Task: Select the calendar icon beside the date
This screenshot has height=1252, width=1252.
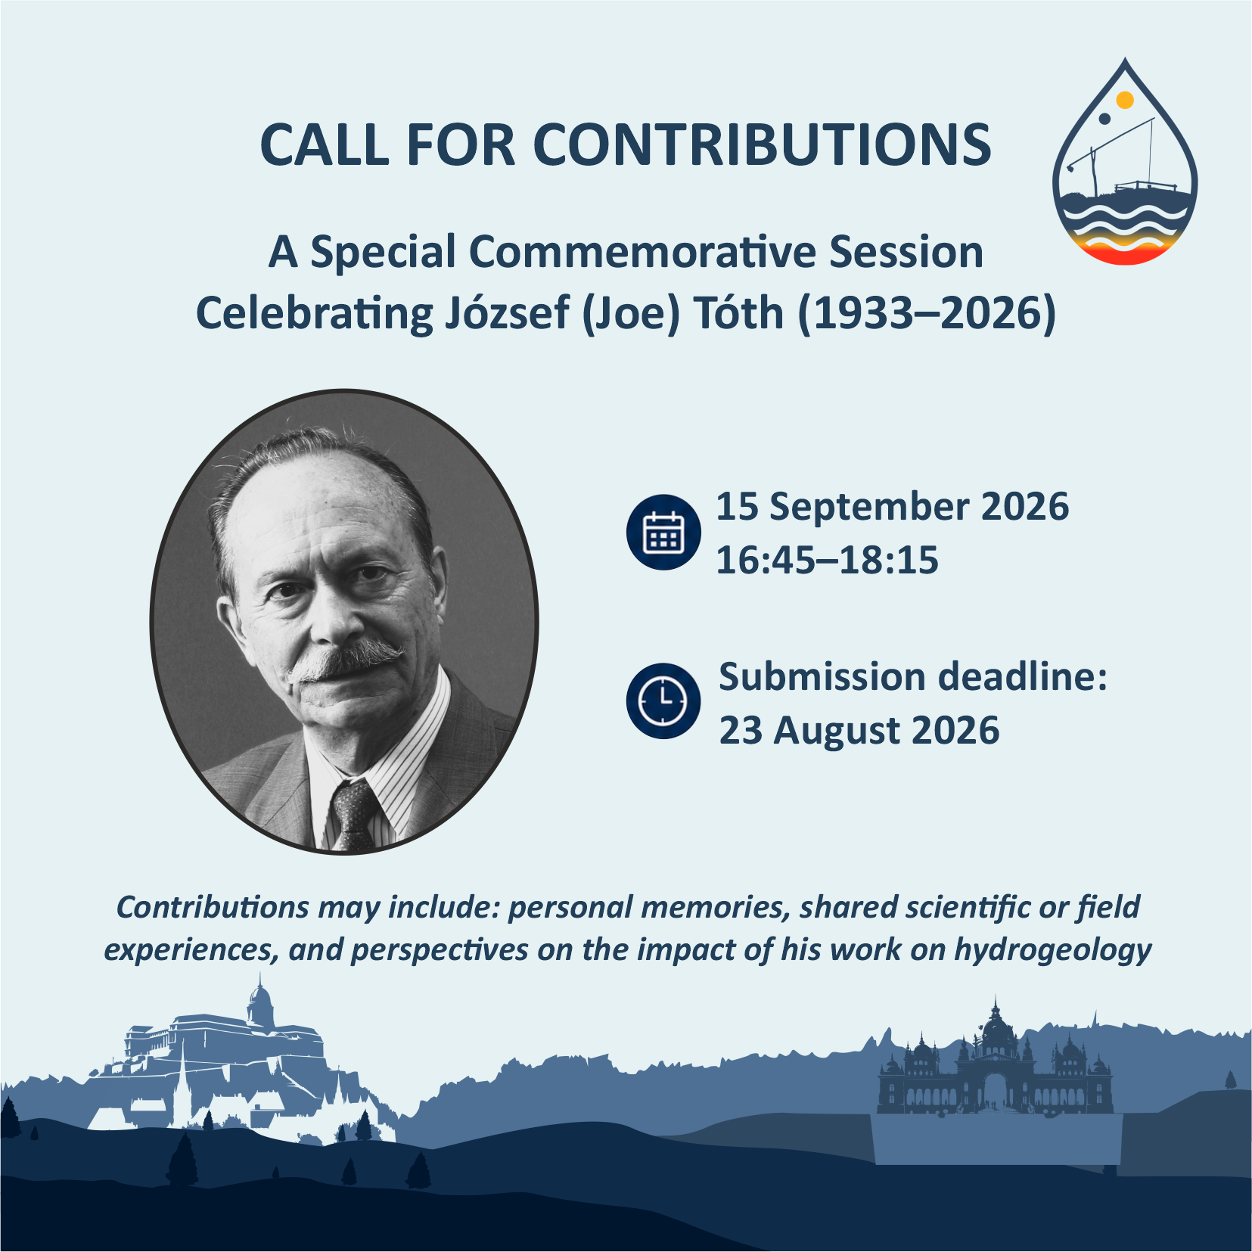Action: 663,532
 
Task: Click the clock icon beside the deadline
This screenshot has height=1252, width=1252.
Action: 663,701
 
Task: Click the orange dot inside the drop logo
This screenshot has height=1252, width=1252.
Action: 1125,100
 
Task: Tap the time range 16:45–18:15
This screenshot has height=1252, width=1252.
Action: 827,560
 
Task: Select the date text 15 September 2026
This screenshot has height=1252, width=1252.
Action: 893,506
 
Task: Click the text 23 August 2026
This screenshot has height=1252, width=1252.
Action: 859,730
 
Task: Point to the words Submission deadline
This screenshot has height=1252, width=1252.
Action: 912,676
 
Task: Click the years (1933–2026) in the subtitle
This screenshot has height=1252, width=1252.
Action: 927,313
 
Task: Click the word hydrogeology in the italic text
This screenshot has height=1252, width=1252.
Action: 1052,950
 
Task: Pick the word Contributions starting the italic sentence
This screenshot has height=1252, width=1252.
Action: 213,907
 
